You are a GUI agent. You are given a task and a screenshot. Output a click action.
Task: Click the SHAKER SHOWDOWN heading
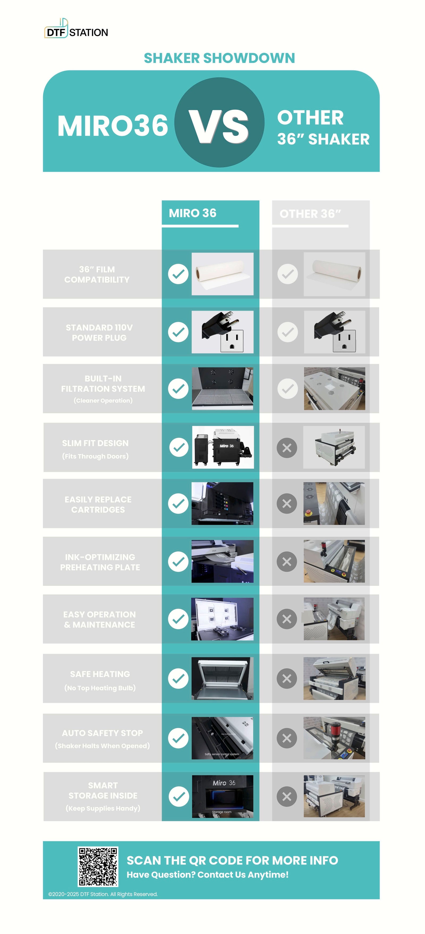pos(219,58)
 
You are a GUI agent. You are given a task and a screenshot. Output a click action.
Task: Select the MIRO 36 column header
pos(193,213)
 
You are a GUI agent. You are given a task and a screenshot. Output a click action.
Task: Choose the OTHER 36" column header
pos(310,214)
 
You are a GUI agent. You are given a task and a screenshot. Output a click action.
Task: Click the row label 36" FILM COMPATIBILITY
pos(97,274)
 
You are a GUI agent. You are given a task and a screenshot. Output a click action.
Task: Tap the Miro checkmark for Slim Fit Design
pos(178,447)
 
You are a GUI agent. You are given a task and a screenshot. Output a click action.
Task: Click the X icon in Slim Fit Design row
pos(287,448)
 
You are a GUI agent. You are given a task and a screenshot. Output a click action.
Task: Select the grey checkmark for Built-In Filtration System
pos(287,389)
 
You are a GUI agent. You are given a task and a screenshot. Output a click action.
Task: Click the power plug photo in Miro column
pos(223,332)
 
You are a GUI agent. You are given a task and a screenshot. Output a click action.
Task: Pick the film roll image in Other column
pos(334,274)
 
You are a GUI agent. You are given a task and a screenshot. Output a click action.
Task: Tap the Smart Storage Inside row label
pos(103,796)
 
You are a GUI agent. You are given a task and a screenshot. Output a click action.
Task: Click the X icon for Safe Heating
pos(287,678)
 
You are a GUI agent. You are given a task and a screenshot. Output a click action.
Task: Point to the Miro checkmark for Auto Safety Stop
pos(178,738)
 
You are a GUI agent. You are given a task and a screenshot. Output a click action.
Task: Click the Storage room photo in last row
pos(223,796)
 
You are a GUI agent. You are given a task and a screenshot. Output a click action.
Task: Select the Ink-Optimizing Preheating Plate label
pos(100,562)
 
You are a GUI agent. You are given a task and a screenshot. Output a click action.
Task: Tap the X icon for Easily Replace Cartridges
pos(287,503)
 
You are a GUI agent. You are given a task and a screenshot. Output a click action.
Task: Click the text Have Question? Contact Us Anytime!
pos(207,875)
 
